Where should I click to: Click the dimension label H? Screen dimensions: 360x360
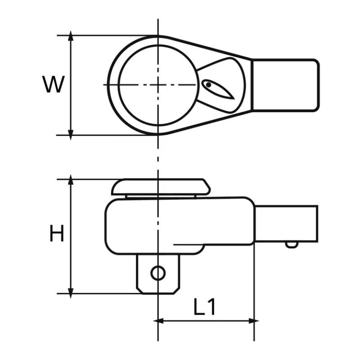coord(57,234)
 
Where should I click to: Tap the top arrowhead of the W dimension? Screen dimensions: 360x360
coord(71,37)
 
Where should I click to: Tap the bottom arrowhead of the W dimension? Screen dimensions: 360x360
coord(71,133)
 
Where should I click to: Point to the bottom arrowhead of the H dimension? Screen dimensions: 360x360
coord(71,292)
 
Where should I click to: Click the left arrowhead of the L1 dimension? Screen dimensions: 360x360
coord(158,321)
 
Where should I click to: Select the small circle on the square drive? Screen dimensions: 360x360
coord(157,273)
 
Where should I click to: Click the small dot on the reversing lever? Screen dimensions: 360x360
coord(208,84)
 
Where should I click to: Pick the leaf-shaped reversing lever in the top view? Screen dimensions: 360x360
coord(218,89)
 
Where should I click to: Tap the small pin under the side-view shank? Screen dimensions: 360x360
coord(292,244)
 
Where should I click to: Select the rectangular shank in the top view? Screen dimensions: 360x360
coord(284,85)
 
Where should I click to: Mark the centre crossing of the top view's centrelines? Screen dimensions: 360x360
coord(158,85)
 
